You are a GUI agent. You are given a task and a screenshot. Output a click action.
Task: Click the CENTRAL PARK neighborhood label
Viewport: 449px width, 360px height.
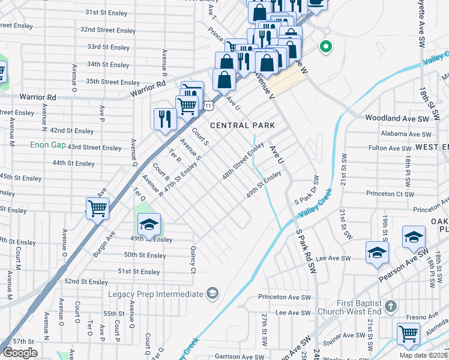(242, 125)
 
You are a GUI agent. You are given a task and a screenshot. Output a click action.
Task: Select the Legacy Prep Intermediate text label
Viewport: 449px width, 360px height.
(156, 294)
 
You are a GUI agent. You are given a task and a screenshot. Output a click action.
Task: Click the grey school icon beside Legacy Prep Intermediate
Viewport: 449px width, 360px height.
(211, 293)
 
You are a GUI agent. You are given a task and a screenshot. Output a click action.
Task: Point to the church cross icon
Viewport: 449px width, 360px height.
(391, 307)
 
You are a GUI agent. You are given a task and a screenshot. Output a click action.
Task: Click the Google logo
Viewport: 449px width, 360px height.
(20, 353)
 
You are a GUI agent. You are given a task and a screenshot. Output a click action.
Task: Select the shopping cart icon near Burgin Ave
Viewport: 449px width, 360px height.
(97, 209)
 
